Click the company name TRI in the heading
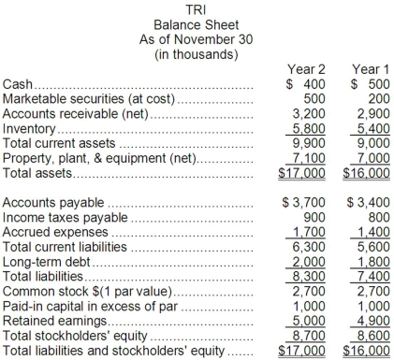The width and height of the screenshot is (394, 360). pos(197,8)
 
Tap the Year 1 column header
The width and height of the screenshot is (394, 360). pos(366,68)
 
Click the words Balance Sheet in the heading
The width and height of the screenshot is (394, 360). pos(197,24)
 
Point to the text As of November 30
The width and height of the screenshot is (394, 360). pos(197,39)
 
